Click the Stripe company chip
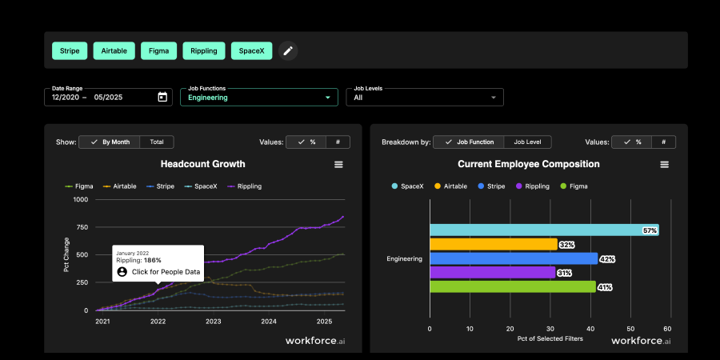point(70,51)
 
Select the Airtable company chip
point(114,51)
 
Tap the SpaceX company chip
point(252,51)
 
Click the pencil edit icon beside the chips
point(288,51)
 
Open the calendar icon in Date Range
point(162,98)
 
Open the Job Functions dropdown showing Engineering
point(258,98)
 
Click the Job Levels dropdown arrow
point(494,98)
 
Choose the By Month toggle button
point(110,142)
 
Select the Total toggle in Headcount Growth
point(157,142)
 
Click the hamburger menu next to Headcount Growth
point(338,164)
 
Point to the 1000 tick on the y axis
point(80,199)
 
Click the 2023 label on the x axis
point(213,322)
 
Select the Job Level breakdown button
point(527,142)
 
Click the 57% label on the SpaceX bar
point(650,230)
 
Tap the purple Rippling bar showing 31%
point(492,273)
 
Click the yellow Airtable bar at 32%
point(493,244)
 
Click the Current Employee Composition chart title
point(528,164)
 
